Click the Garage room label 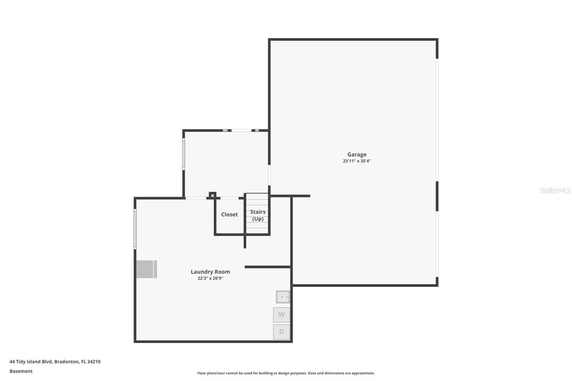coord(357,154)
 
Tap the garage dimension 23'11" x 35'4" coord(357,161)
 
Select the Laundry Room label coord(210,272)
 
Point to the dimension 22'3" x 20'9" coord(210,278)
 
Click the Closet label coord(229,214)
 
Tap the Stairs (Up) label coord(257,215)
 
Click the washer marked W coord(281,315)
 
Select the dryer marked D coord(281,332)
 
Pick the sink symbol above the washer coord(282,297)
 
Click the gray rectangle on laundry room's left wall coord(146,269)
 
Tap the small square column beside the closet coord(212,195)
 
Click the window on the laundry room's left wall coord(135,229)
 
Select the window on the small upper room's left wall coord(184,154)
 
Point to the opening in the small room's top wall coord(241,130)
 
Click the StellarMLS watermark coord(555,190)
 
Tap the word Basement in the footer coord(21,371)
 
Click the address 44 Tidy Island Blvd coord(31,361)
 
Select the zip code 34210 coord(94,361)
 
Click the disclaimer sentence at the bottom coord(286,373)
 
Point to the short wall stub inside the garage coord(300,196)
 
